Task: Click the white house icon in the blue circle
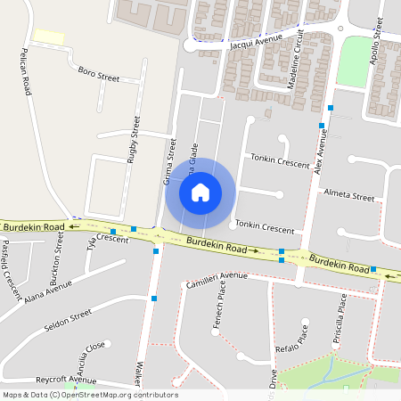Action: pyautogui.click(x=200, y=192)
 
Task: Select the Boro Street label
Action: pyautogui.click(x=98, y=74)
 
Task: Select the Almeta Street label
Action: pyautogui.click(x=349, y=196)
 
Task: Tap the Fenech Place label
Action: pyautogui.click(x=221, y=317)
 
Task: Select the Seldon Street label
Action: pyautogui.click(x=68, y=319)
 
